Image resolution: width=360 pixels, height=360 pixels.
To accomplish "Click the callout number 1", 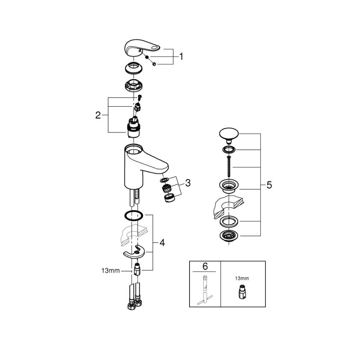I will pyautogui.click(x=180, y=56).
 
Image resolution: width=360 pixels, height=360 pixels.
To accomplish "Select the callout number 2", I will pyautogui.click(x=98, y=115).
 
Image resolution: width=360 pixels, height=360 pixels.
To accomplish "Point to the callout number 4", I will pyautogui.click(x=162, y=243).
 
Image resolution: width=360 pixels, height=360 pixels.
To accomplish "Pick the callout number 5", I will pyautogui.click(x=269, y=185).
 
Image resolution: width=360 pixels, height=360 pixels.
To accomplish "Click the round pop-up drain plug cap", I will pyautogui.click(x=228, y=134).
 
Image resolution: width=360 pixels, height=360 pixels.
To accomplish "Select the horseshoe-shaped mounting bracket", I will pyautogui.click(x=135, y=252).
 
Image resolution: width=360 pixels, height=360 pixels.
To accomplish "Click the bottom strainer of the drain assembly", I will pyautogui.click(x=228, y=236).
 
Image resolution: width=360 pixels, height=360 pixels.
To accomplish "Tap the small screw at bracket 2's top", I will pyautogui.click(x=140, y=98).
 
